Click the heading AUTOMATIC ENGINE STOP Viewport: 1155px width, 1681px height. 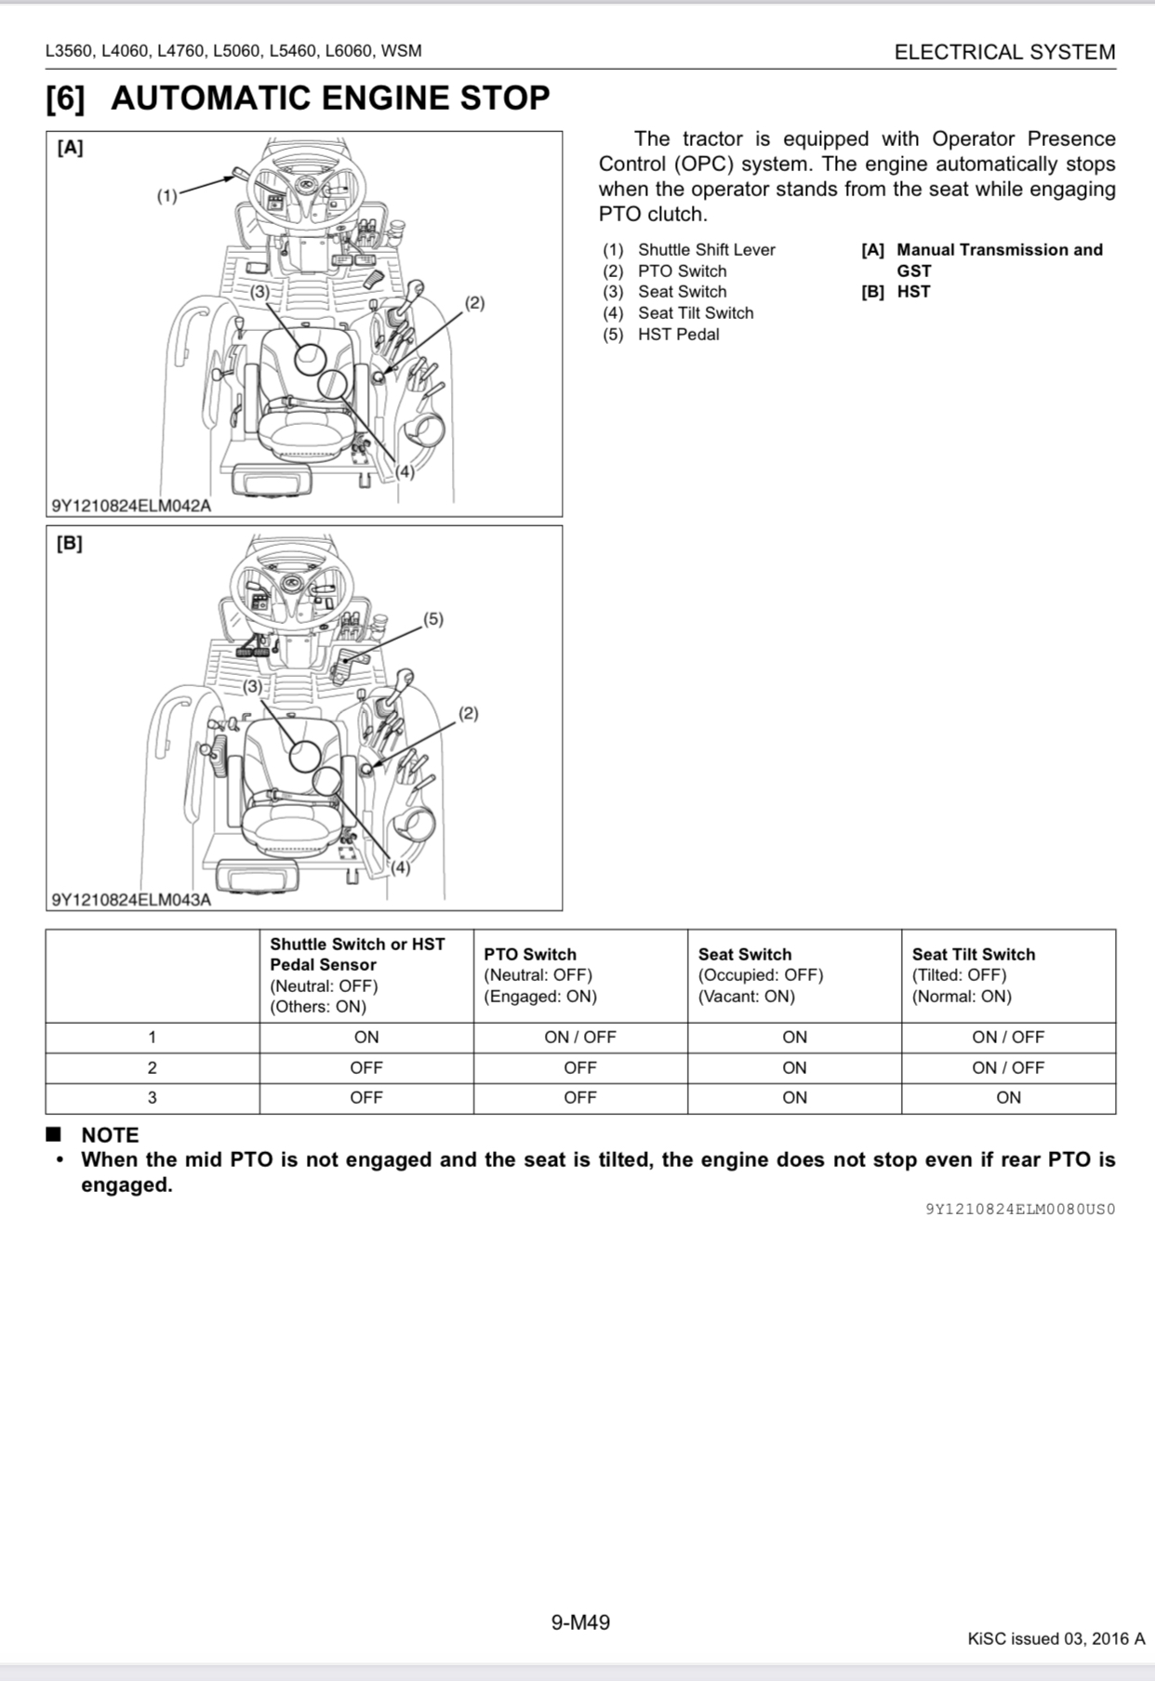point(330,99)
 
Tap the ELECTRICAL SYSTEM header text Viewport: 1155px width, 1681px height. point(1004,52)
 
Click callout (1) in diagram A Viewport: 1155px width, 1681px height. point(166,196)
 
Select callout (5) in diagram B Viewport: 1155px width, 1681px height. point(433,619)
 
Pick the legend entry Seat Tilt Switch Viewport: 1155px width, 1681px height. point(695,313)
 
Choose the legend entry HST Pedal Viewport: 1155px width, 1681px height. point(678,335)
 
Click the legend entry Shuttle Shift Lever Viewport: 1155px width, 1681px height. point(706,250)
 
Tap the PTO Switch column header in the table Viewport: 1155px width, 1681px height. point(530,954)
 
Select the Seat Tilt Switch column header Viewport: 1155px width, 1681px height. point(973,954)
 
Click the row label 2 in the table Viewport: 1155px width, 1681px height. point(153,1068)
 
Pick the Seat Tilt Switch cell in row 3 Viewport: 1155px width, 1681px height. point(1008,1098)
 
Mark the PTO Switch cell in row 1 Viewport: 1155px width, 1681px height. point(580,1038)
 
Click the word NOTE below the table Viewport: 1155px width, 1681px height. point(110,1135)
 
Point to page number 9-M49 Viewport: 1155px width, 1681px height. point(580,1623)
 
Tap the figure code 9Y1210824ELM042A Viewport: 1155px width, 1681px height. point(131,506)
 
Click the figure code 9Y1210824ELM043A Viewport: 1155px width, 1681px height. point(131,900)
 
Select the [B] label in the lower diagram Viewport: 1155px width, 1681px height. point(70,544)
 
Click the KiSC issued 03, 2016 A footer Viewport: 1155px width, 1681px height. point(1055,1639)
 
